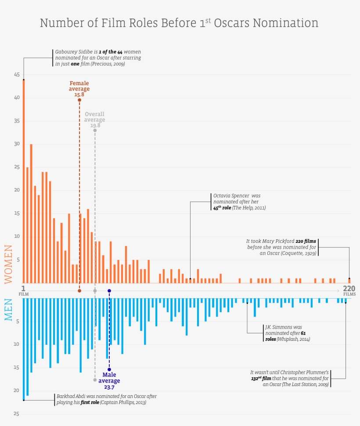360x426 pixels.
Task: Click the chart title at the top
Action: pos(179,23)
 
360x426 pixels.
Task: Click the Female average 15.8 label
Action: pos(79,89)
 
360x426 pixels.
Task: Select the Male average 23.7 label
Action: pos(109,381)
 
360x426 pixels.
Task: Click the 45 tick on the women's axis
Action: pos(16,75)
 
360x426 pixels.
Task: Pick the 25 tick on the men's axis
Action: pos(16,414)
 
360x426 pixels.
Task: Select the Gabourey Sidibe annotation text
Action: pos(97,58)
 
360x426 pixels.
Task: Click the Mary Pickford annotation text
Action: pos(281,247)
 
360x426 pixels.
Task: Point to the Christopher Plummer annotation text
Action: pos(289,378)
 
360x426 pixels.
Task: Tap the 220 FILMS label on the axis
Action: pos(349,290)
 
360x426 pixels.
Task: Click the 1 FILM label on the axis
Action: pos(23,290)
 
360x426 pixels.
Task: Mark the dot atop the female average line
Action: pos(79,100)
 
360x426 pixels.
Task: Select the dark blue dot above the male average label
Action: pos(109,370)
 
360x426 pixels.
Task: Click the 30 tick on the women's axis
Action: pos(16,144)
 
